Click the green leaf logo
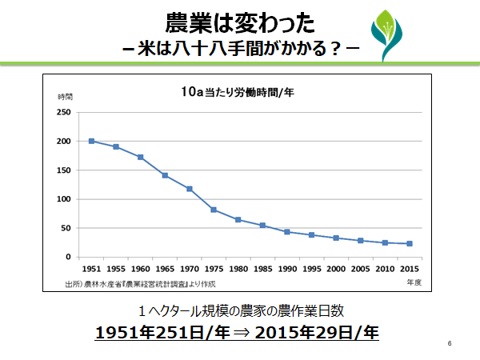point(394,34)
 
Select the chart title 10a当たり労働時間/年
point(238,93)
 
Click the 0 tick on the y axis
point(70,257)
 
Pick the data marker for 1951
point(91,141)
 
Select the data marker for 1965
point(165,175)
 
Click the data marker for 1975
point(214,210)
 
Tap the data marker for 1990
point(287,232)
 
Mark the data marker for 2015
point(410,243)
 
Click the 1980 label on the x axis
point(238,270)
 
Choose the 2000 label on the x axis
point(336,270)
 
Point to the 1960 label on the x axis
point(140,270)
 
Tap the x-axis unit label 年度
point(414,282)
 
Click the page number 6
point(450,344)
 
